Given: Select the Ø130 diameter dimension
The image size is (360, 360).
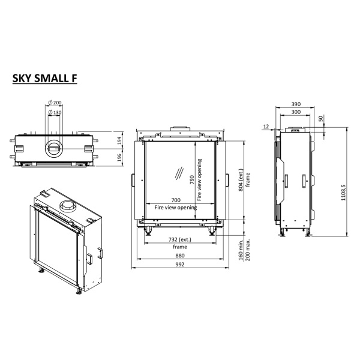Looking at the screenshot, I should [x=56, y=112].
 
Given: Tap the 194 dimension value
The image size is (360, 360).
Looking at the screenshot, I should [x=119, y=140].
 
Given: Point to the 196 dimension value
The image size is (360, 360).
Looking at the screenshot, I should [x=119, y=157].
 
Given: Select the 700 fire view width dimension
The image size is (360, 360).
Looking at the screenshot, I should [x=176, y=200].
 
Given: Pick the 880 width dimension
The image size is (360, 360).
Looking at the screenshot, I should [x=179, y=256].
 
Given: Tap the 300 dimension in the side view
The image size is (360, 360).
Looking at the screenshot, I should [x=294, y=112].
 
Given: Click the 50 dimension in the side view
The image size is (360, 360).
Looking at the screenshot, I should [x=321, y=119].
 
